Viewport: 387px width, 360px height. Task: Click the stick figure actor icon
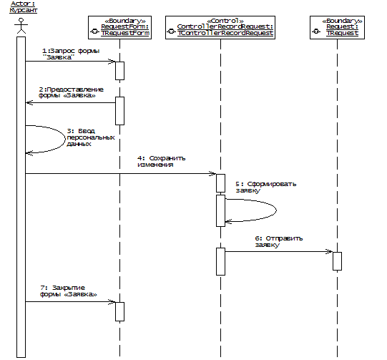coord(21,26)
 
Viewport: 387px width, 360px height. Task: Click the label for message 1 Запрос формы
coord(71,54)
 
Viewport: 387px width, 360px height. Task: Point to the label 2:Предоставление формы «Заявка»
coord(71,92)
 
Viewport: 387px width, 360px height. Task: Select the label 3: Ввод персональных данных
coord(91,137)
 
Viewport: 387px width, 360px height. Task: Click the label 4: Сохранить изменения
coord(161,161)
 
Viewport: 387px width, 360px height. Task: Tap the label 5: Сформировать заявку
coord(265,188)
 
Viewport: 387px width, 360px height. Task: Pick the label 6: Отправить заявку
coord(279,241)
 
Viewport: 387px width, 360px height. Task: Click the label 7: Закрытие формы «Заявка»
coord(69,291)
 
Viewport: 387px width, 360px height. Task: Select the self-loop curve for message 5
coord(276,210)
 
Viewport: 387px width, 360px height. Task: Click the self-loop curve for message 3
coord(64,139)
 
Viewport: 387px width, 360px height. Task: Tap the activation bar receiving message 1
coord(119,71)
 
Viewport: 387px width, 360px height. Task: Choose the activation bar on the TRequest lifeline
coord(337,261)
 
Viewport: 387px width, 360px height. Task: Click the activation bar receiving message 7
coord(119,311)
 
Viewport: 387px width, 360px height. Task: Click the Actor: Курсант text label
coord(23,7)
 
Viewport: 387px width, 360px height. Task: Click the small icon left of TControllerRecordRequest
coord(171,31)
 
